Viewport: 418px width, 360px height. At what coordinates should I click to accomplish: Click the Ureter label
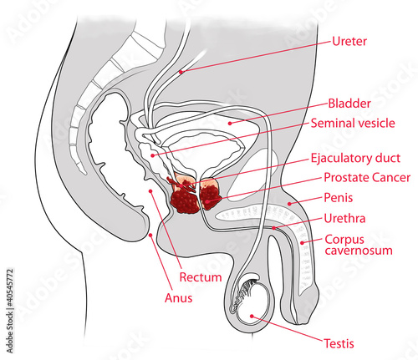tap(349, 42)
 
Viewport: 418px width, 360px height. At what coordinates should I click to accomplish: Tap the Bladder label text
tap(349, 104)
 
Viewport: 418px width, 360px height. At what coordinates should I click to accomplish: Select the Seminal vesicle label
tap(353, 123)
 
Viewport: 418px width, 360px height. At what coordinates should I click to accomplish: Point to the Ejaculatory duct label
tap(355, 158)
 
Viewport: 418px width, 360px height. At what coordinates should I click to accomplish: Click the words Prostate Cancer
tap(367, 178)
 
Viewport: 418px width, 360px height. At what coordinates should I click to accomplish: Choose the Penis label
tap(339, 198)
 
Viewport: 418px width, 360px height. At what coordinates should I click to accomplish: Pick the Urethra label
tap(344, 219)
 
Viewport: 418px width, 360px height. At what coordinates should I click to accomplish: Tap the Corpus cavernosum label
tap(359, 245)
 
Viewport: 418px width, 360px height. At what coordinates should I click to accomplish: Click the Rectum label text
tap(201, 277)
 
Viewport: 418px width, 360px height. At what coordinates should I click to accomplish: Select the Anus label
tap(179, 298)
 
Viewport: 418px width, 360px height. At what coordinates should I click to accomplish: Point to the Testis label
tap(339, 343)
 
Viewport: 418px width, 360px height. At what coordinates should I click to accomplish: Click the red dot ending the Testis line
tap(252, 316)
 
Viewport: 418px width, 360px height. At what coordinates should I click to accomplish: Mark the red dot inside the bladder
tap(230, 123)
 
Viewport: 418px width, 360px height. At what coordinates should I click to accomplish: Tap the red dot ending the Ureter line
tap(181, 72)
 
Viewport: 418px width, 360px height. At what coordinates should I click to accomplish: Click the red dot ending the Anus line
tap(150, 235)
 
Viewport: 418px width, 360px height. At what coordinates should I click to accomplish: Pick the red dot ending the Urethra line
tap(274, 228)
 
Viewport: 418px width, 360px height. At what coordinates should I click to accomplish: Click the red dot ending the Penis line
tap(289, 204)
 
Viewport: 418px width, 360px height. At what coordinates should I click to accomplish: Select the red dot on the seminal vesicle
tap(152, 155)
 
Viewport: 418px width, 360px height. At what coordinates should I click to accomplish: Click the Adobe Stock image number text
tap(9, 311)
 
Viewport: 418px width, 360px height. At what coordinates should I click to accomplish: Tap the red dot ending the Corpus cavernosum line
tap(303, 243)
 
